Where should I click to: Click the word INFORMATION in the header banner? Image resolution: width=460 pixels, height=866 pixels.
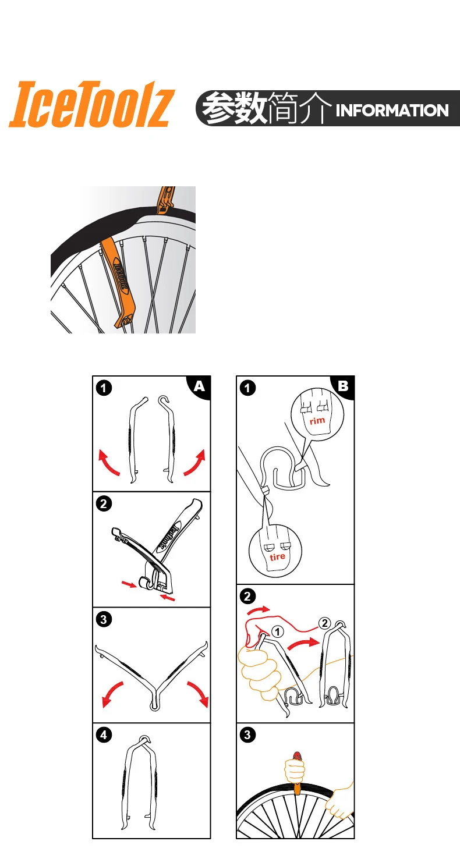pyautogui.click(x=392, y=110)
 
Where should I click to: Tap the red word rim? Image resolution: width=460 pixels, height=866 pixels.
pyautogui.click(x=317, y=420)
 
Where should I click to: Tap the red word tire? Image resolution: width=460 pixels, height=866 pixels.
pyautogui.click(x=278, y=556)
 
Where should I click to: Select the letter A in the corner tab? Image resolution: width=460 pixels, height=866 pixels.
pyautogui.click(x=199, y=386)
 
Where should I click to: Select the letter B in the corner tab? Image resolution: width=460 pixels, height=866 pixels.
pyautogui.click(x=343, y=386)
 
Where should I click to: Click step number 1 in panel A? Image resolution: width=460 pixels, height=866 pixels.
pyautogui.click(x=104, y=388)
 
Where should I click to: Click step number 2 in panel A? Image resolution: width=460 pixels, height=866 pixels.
pyautogui.click(x=104, y=504)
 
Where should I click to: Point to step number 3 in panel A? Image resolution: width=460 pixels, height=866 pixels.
pyautogui.click(x=104, y=619)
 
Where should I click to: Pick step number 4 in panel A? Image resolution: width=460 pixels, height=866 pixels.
pyautogui.click(x=104, y=735)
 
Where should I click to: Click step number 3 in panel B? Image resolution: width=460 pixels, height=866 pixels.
pyautogui.click(x=247, y=735)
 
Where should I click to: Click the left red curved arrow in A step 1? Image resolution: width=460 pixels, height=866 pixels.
pyautogui.click(x=108, y=462)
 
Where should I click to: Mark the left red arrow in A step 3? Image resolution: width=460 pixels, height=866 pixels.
pyautogui.click(x=111, y=693)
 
